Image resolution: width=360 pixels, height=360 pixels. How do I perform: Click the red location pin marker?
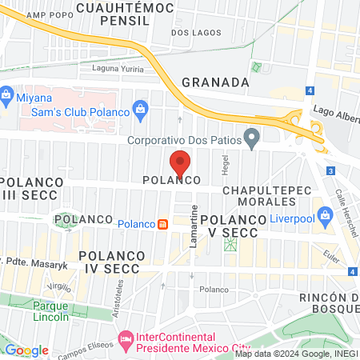click(180, 163)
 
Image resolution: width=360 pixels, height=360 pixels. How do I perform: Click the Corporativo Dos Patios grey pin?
click(252, 139)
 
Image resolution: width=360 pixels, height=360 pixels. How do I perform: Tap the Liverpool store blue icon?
click(325, 214)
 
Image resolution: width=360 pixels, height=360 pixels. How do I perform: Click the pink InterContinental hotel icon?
click(126, 341)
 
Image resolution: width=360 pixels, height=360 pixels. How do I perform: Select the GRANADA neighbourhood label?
click(215, 82)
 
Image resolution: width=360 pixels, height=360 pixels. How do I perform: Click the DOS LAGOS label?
click(194, 33)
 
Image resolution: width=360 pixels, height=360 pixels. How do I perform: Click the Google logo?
click(26, 350)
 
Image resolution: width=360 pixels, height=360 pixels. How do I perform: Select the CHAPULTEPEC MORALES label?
click(263, 196)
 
